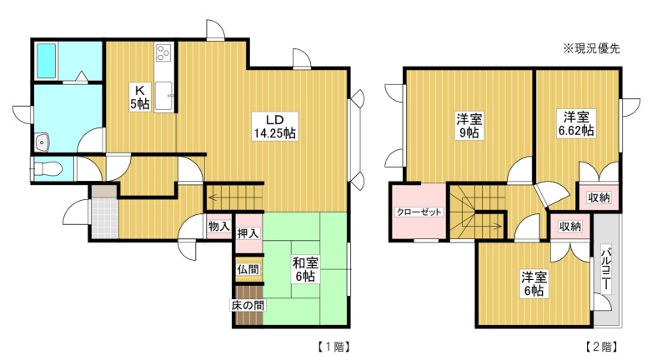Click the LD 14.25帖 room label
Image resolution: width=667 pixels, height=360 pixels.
pos(275,126)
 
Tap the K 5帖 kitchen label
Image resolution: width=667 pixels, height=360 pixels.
pos(140,97)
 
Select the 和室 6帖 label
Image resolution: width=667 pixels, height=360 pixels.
pos(305,269)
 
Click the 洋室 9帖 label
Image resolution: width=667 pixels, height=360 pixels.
pos(469,125)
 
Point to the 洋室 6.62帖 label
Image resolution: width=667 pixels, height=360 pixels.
pos(576,123)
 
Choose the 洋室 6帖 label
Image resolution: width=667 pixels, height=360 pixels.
pos(534,284)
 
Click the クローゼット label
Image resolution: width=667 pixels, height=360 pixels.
pos(419,212)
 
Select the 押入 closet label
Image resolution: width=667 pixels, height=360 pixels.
pos(248,233)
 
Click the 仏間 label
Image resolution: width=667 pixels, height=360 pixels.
pos(248,269)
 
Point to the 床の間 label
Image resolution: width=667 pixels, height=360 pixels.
pos(248,305)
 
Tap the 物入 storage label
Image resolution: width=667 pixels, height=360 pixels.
pos(219,227)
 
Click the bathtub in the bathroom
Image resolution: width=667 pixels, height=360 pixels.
pos(46,61)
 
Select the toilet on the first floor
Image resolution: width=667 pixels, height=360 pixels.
pos(48,169)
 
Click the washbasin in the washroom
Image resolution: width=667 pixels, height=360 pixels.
pos(43,142)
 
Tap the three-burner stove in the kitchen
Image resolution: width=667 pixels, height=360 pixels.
pos(163,53)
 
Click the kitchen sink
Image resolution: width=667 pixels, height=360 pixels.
pos(163,96)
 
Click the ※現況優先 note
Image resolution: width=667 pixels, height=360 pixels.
pos(592,48)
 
